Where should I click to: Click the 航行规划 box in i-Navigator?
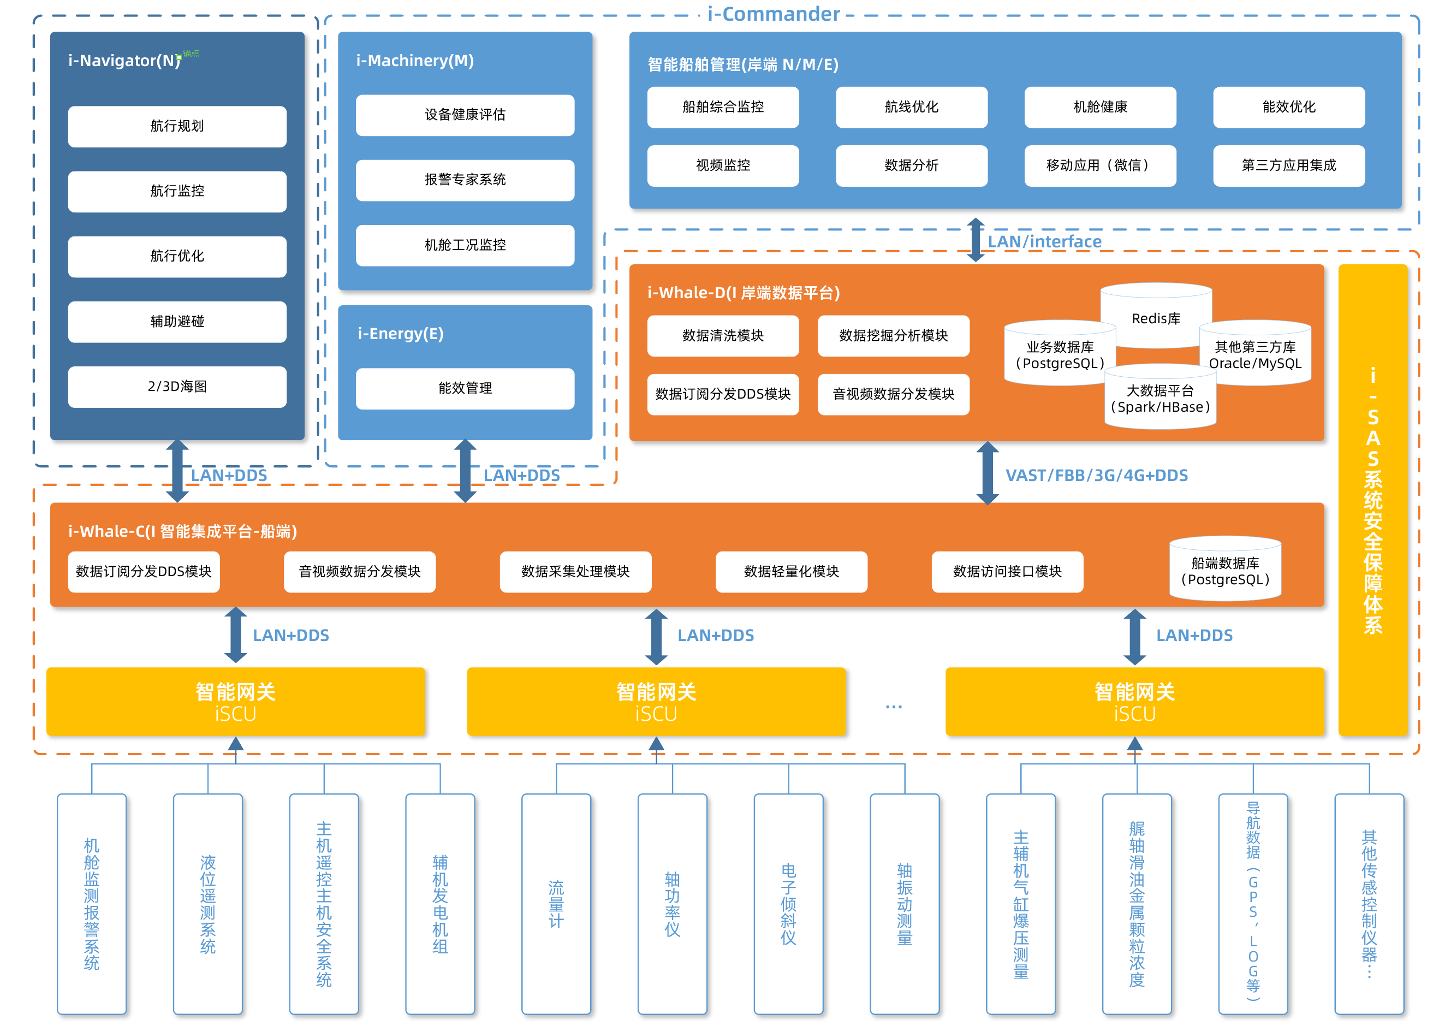tap(177, 126)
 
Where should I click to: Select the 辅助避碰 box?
tap(177, 322)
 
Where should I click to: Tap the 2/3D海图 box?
tap(177, 387)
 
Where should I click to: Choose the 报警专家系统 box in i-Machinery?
tap(465, 180)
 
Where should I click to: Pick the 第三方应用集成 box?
tap(1289, 165)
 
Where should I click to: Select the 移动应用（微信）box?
tap(1100, 165)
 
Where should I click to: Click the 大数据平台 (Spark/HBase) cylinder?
tap(1161, 397)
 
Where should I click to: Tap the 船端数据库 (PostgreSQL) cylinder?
tap(1226, 568)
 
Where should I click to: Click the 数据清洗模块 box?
tap(723, 335)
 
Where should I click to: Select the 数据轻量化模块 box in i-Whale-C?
tap(792, 572)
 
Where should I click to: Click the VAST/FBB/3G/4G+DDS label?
tap(1097, 476)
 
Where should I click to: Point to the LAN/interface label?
tap(1044, 242)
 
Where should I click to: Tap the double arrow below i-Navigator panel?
tap(177, 471)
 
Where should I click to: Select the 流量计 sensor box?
tap(556, 904)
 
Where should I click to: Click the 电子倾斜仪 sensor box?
tap(788, 904)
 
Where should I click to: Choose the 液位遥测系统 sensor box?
tap(208, 904)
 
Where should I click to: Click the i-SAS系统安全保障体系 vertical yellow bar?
tap(1372, 500)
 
